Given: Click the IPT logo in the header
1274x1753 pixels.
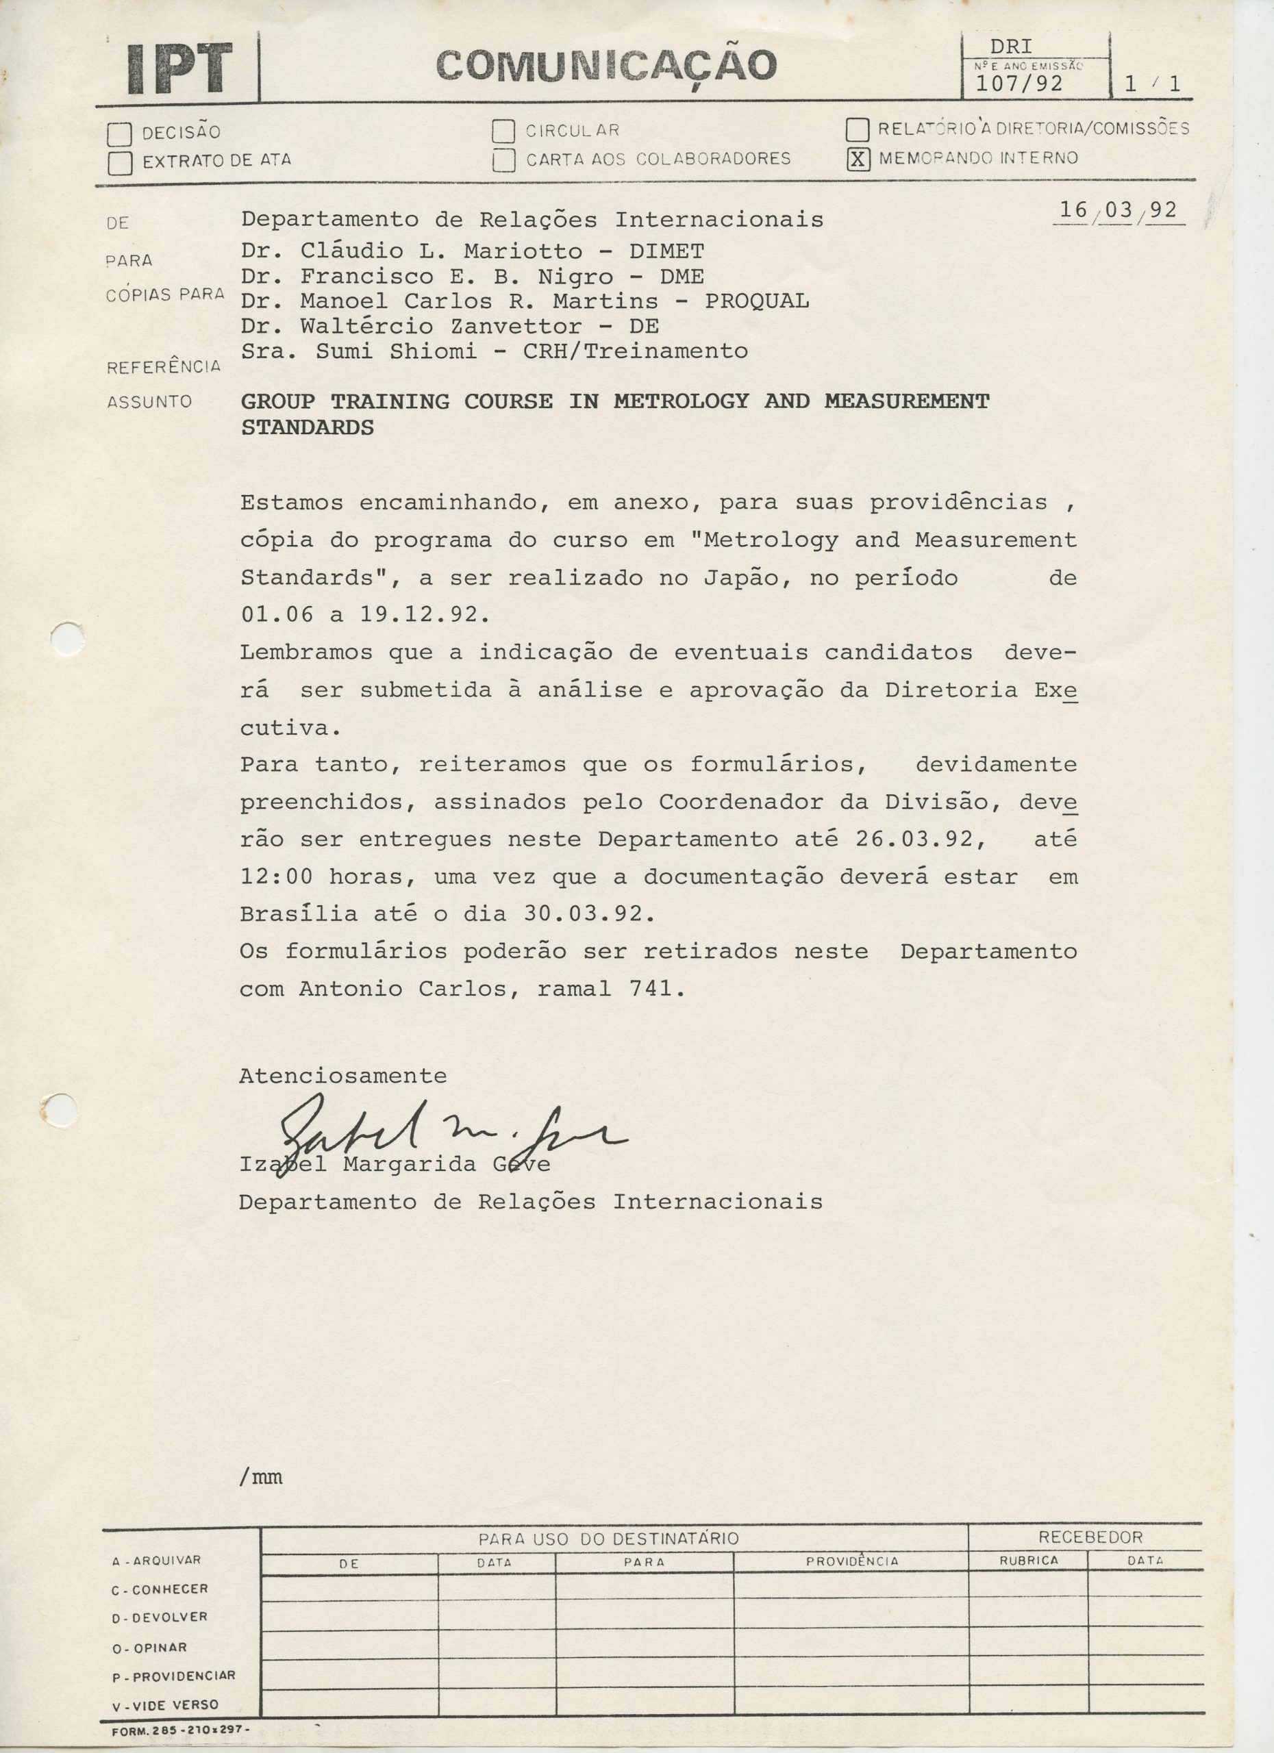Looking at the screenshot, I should pos(179,68).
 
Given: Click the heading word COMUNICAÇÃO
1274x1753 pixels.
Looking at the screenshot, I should pos(606,66).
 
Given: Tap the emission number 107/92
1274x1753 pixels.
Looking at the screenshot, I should pos(1019,84).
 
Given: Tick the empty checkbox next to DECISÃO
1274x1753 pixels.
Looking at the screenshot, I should pos(120,134).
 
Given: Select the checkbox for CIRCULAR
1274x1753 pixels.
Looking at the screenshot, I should pos(503,131).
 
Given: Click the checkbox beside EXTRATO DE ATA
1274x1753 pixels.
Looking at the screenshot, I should pos(120,163).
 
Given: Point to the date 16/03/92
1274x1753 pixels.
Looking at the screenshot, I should pos(1118,210).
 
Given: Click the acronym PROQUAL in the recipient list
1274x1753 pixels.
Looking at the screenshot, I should pos(756,301).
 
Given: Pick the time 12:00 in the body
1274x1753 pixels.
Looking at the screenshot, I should pos(277,876).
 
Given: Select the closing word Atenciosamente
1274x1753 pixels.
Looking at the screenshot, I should pos(342,1076).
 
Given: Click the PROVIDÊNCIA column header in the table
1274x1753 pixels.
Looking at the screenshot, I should pos(852,1561).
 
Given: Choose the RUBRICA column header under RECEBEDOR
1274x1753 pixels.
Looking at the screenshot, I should pos(1028,1561).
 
